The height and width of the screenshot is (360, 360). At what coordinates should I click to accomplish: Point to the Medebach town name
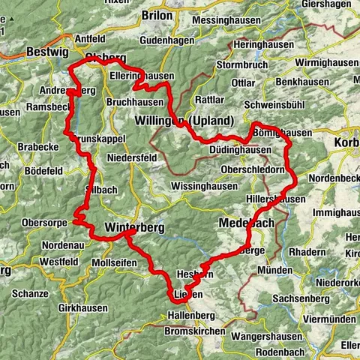point(248,224)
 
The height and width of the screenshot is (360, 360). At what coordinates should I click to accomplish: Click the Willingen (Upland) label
point(195,121)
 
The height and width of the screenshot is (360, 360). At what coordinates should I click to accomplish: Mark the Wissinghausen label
point(205,184)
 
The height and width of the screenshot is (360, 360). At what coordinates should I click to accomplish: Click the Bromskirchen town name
point(195,331)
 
